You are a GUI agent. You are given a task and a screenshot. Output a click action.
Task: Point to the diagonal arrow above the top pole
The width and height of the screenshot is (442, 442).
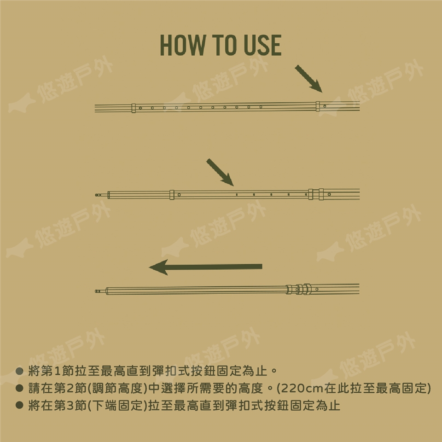[x=308, y=79]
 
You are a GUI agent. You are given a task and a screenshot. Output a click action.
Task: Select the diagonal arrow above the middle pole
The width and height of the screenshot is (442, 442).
[x=220, y=172]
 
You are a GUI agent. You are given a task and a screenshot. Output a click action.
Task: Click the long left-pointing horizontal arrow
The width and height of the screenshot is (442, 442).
[x=205, y=267]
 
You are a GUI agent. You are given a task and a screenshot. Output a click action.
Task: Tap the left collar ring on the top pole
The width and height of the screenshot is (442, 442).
[x=134, y=108]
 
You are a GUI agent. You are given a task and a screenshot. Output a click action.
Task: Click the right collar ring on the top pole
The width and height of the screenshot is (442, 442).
[x=318, y=106]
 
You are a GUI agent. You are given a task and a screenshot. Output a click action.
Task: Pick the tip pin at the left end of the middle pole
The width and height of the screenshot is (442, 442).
[x=98, y=195]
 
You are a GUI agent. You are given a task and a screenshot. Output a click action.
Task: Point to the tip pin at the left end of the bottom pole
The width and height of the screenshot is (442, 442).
[x=98, y=291]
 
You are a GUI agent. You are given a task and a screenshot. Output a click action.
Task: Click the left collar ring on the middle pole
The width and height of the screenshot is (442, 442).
[x=172, y=195]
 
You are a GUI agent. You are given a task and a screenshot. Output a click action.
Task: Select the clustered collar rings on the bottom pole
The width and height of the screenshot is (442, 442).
[x=299, y=289]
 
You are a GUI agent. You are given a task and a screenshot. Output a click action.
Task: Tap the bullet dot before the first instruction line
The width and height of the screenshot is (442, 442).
[x=19, y=371]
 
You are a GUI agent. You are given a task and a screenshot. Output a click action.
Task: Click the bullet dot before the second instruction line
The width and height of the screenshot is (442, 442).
[x=19, y=388]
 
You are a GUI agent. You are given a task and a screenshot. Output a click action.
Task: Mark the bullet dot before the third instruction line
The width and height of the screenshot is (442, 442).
[x=19, y=405]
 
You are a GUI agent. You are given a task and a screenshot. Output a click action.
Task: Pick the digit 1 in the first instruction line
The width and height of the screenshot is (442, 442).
[x=57, y=371]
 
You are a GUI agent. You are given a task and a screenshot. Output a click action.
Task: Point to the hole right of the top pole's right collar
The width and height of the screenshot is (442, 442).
[x=325, y=106]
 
